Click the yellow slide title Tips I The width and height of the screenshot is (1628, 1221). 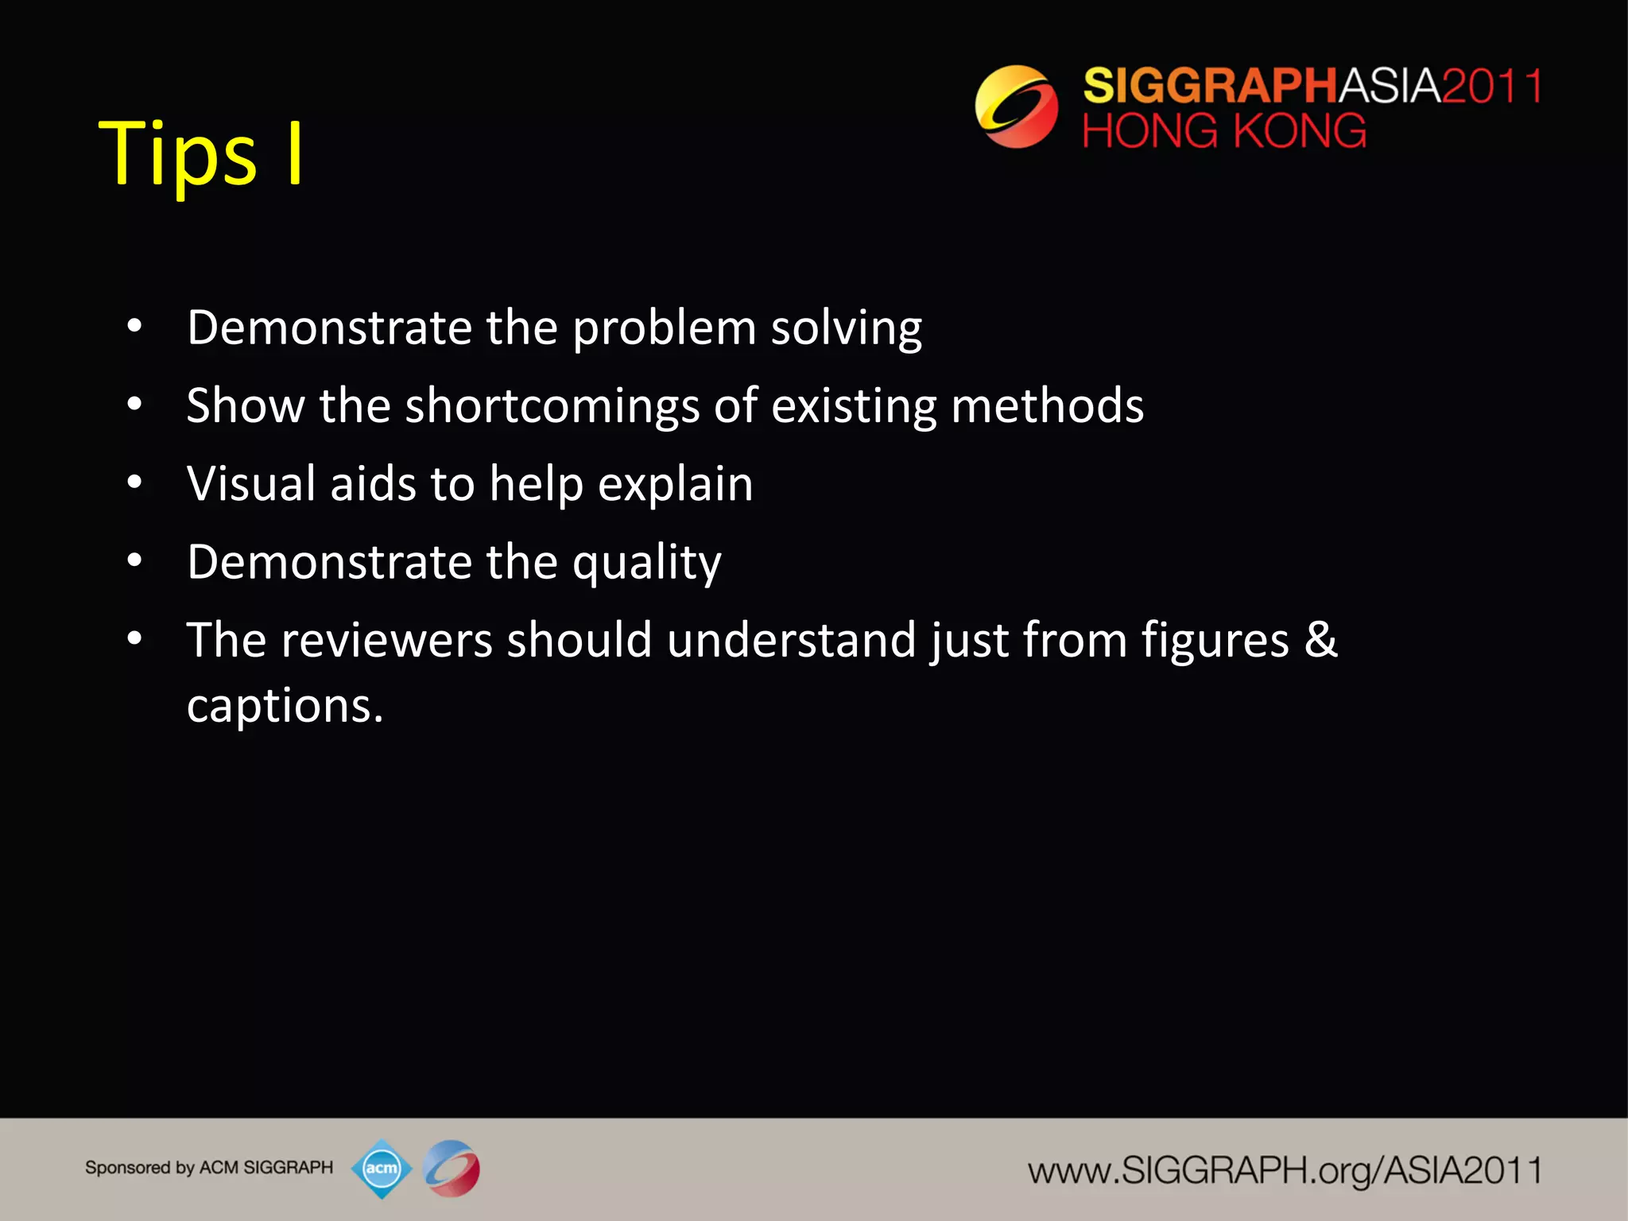click(200, 153)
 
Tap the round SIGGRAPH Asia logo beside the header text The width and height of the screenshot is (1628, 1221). click(1016, 107)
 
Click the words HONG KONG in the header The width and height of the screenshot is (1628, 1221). click(1223, 131)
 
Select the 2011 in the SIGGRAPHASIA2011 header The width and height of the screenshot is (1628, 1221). click(1491, 86)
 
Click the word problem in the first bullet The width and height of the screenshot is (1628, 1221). click(664, 328)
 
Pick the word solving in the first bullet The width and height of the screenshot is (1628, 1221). click(846, 328)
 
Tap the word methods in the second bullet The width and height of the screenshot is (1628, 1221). click(1047, 406)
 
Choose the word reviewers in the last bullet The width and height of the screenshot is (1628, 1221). click(386, 640)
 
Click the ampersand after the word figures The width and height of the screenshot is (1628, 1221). click(1320, 640)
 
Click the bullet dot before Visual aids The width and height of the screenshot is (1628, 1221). click(134, 483)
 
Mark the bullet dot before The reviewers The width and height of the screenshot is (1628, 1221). click(134, 638)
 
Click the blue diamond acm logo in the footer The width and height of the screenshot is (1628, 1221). click(382, 1168)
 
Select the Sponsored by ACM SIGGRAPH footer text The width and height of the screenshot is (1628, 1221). click(209, 1168)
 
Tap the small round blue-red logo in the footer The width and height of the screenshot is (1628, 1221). click(452, 1168)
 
